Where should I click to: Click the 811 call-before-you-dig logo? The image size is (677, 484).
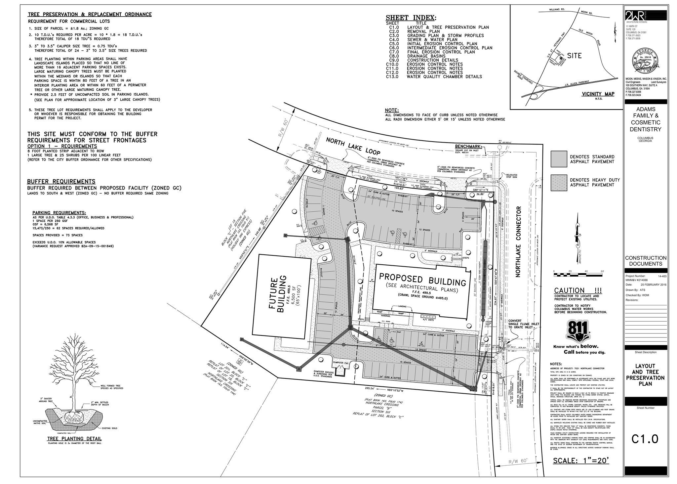click(578, 330)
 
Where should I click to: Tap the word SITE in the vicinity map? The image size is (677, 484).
click(574, 56)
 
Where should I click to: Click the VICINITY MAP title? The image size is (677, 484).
click(598, 94)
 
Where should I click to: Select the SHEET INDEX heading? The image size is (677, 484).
click(411, 18)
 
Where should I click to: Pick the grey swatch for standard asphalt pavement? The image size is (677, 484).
click(559, 159)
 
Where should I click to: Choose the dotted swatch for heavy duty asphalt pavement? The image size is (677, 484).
click(559, 182)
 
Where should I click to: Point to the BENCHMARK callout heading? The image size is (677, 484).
click(468, 146)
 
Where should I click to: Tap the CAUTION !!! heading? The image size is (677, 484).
click(578, 291)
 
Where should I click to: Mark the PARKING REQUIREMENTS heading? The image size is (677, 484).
click(59, 213)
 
